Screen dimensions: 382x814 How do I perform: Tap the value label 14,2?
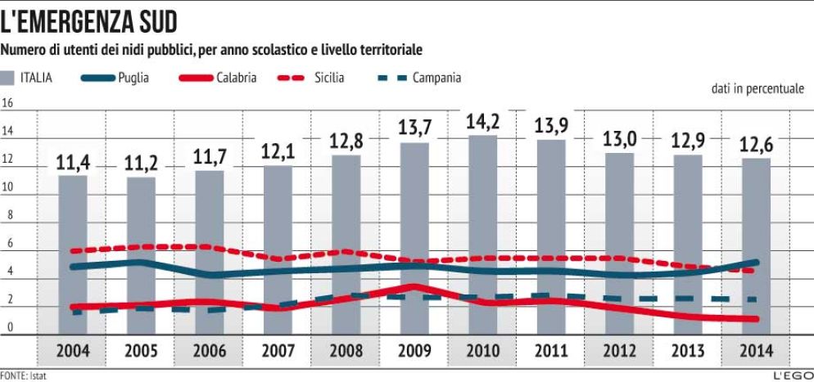[482, 123]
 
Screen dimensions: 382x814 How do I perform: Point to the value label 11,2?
[141, 164]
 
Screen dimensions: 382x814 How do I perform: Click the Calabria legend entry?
[218, 79]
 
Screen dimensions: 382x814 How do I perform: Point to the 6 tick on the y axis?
[10, 244]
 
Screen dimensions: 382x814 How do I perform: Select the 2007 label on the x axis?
[277, 353]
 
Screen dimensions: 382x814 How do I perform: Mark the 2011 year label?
[550, 353]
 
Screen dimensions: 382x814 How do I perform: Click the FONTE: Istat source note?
[22, 375]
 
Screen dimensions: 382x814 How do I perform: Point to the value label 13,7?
[414, 129]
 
